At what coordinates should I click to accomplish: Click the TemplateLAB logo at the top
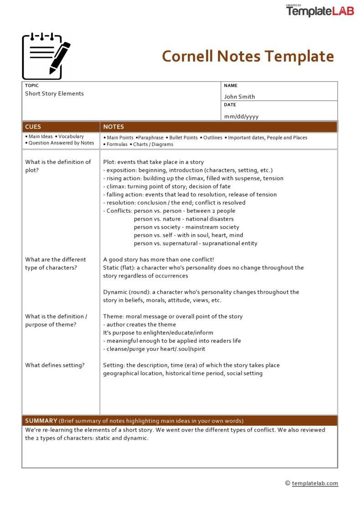(320, 11)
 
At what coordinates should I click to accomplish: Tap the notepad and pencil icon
(46, 56)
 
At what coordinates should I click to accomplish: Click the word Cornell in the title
(187, 57)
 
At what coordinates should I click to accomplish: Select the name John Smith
(239, 97)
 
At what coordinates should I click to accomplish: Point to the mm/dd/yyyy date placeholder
(241, 116)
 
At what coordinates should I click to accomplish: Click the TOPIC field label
(32, 86)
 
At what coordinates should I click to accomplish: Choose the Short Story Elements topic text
(54, 93)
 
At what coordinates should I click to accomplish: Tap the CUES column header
(33, 127)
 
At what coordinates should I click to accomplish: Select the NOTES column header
(113, 127)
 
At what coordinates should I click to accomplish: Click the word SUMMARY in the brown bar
(41, 421)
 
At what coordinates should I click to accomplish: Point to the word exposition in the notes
(120, 170)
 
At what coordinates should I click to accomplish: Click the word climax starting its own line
(115, 186)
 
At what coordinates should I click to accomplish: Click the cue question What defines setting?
(55, 365)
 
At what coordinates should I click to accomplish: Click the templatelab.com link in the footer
(315, 483)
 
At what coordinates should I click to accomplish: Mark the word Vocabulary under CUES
(71, 136)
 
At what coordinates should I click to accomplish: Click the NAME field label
(231, 86)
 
